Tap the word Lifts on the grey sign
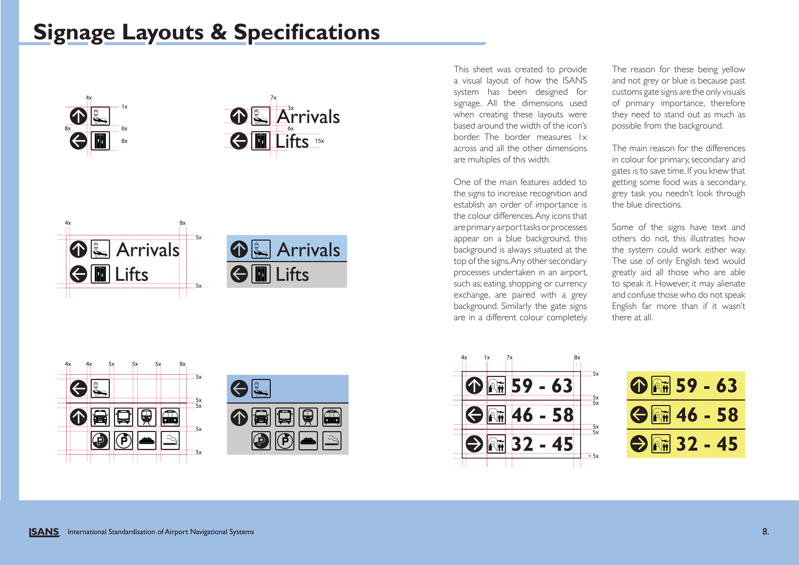292,274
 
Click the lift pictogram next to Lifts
261,274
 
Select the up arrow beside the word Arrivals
239,249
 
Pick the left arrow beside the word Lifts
239,274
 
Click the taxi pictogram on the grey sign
261,417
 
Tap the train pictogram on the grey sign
308,417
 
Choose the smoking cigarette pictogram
332,441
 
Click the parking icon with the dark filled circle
261,441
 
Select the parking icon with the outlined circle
285,441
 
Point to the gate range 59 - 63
707,386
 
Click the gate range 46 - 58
707,415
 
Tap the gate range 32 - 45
707,444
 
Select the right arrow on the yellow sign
639,444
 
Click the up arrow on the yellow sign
639,386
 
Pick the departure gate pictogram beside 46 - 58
661,415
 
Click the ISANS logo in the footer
44,532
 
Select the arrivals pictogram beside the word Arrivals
261,249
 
